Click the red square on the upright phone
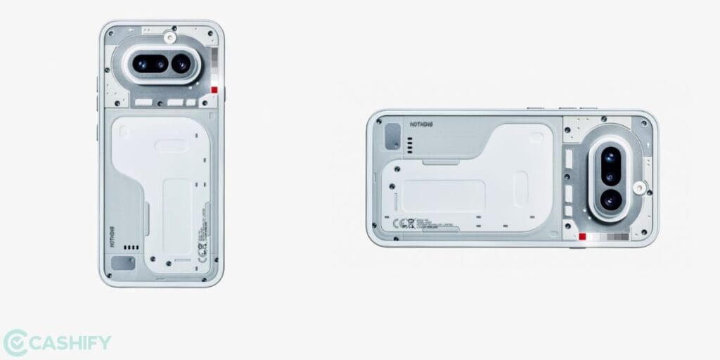(x=214, y=90)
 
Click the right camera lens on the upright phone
(x=181, y=64)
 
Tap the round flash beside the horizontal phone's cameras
(x=639, y=188)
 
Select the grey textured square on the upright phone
(x=124, y=264)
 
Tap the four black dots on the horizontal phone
(x=409, y=144)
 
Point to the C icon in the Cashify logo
(x=15, y=343)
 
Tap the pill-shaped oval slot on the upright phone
(x=171, y=146)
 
